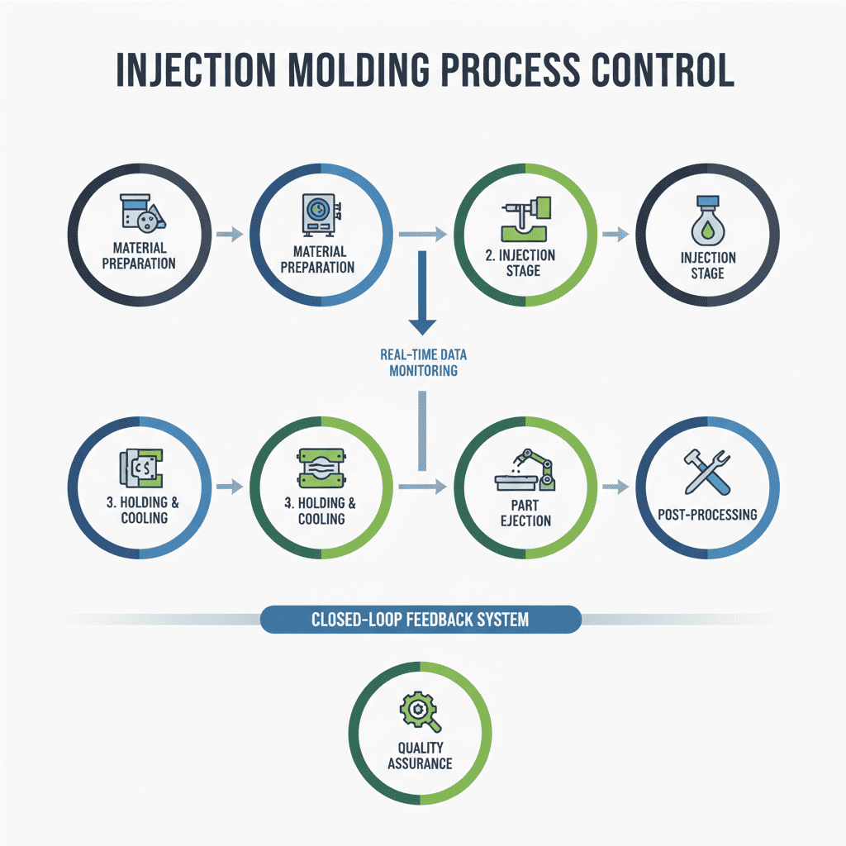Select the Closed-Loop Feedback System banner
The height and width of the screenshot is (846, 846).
421,619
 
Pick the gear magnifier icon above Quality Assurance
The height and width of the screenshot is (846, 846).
420,712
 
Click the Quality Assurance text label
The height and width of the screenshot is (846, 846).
420,755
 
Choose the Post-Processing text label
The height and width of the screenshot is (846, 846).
707,514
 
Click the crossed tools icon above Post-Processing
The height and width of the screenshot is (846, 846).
708,472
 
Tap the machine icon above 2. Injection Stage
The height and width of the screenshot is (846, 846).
526,216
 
